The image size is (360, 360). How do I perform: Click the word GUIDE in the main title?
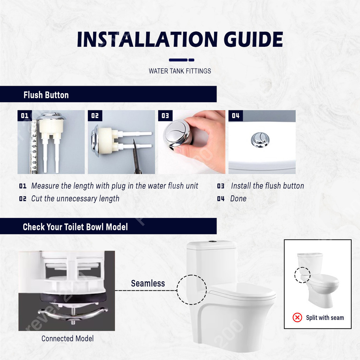click(253, 39)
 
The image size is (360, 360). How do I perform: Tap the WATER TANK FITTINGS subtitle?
click(180, 71)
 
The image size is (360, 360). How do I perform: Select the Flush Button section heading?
click(46, 95)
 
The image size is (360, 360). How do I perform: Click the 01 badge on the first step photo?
click(25, 115)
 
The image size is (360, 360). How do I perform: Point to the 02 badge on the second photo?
click(95, 115)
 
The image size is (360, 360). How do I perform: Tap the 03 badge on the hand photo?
click(165, 115)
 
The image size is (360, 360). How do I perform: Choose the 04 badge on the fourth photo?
click(236, 115)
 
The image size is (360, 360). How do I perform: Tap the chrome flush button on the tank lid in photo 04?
click(260, 140)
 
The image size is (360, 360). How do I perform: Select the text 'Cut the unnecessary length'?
click(75, 199)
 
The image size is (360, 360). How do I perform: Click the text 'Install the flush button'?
click(268, 186)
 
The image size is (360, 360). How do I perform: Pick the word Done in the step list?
click(238, 199)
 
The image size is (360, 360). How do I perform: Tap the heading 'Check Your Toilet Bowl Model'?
click(75, 227)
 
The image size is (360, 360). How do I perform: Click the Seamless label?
click(148, 283)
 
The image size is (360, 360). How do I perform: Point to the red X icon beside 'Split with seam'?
click(297, 317)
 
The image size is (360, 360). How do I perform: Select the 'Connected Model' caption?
click(67, 339)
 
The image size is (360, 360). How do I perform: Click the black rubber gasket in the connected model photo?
click(73, 298)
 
